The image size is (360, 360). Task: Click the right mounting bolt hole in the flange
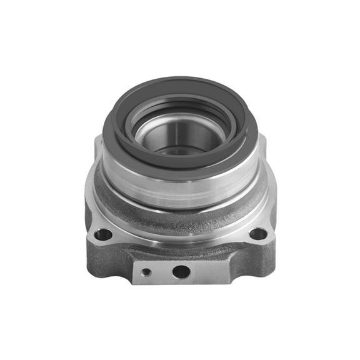[257, 234]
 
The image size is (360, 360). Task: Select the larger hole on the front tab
[181, 272]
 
